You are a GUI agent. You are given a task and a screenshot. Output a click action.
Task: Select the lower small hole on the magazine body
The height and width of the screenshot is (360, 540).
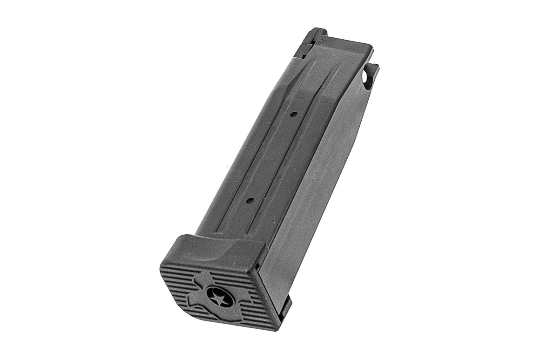click(x=250, y=200)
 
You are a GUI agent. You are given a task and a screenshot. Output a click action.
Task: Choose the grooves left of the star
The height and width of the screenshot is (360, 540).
click(x=179, y=279)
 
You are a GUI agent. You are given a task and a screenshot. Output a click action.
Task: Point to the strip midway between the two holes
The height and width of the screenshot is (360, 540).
click(x=272, y=157)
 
